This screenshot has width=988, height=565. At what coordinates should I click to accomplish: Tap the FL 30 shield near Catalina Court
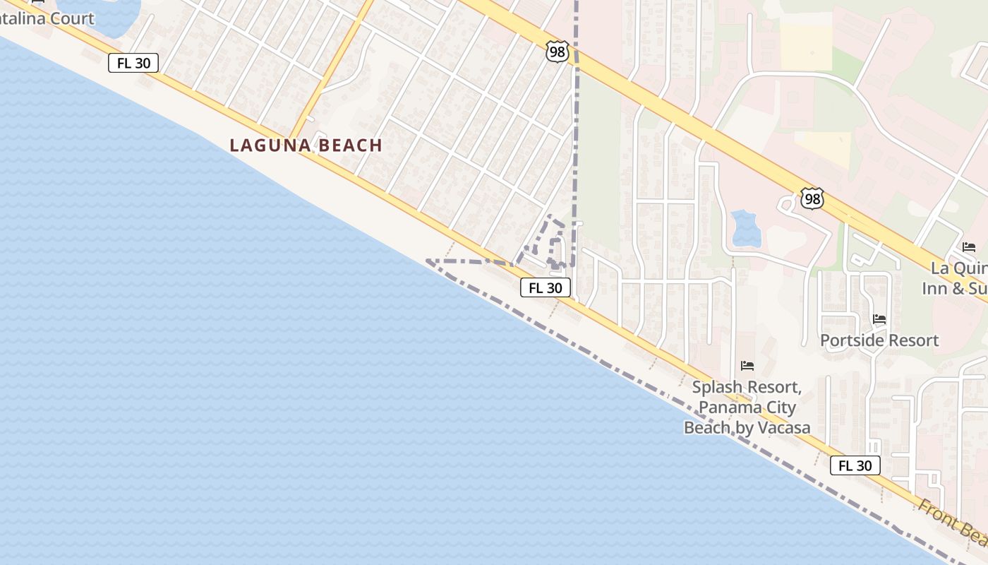(x=133, y=63)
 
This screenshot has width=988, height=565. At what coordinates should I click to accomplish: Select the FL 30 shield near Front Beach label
(x=855, y=465)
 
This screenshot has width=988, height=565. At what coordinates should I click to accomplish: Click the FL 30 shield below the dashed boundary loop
(x=546, y=287)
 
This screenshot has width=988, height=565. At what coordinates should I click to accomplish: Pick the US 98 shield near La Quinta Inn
(x=812, y=199)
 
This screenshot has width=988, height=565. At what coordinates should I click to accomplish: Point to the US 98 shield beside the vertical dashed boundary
(x=557, y=52)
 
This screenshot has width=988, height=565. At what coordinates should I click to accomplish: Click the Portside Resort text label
(x=879, y=340)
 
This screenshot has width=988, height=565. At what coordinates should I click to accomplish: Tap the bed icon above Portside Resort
(x=879, y=319)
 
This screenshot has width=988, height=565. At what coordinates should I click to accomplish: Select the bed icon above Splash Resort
(x=747, y=366)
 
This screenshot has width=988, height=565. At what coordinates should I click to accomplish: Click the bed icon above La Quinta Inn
(x=969, y=247)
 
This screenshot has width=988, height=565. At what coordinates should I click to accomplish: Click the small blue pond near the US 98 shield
(x=746, y=228)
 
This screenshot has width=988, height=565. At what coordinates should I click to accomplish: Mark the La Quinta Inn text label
(x=957, y=278)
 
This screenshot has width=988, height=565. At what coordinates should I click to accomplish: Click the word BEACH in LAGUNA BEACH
(x=349, y=145)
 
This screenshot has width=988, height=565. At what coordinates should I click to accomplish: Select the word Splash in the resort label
(x=716, y=388)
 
